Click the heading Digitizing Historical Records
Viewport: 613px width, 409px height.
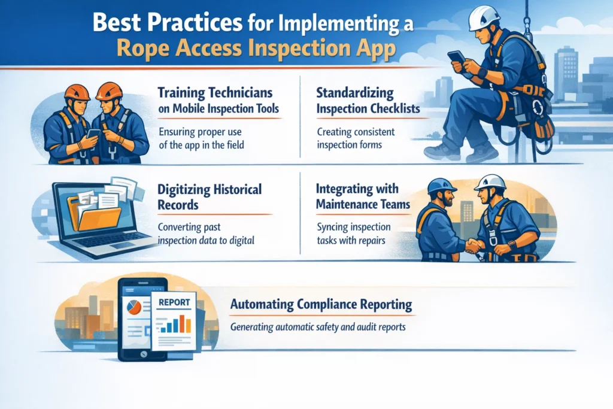click(x=210, y=197)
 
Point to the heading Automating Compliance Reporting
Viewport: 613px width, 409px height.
click(x=321, y=304)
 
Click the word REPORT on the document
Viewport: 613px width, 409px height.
click(x=174, y=302)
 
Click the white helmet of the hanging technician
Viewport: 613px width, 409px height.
click(x=484, y=19)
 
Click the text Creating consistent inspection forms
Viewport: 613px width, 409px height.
click(x=356, y=138)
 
